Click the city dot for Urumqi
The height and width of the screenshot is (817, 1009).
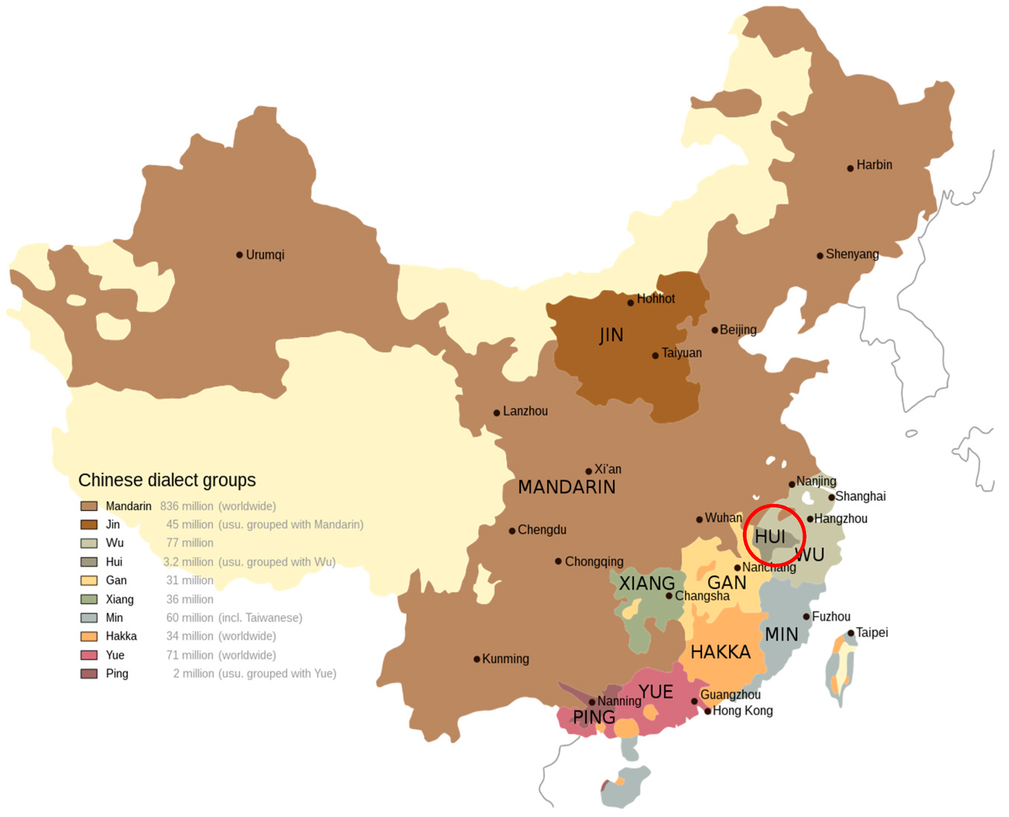pos(240,255)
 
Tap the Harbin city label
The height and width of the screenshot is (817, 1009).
pos(874,165)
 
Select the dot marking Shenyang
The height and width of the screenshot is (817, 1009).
pos(820,256)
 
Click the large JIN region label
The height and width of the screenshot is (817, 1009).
pos(611,335)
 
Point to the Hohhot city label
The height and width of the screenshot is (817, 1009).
pos(656,299)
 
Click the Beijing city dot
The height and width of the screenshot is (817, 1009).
pos(715,330)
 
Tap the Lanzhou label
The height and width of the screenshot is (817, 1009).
pos(525,411)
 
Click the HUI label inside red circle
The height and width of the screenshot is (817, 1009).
pos(770,537)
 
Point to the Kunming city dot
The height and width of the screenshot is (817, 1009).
pos(477,659)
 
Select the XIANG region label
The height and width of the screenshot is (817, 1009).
pos(647,584)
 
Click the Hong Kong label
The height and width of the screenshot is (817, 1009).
pos(743,711)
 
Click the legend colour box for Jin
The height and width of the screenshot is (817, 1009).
pos(89,525)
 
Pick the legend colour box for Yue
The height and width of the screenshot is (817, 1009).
pos(89,656)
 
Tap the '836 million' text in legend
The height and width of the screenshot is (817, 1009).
pos(187,506)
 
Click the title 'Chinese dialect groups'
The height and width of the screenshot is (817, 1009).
pos(167,480)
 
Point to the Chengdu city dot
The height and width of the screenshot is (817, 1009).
pos(512,531)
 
